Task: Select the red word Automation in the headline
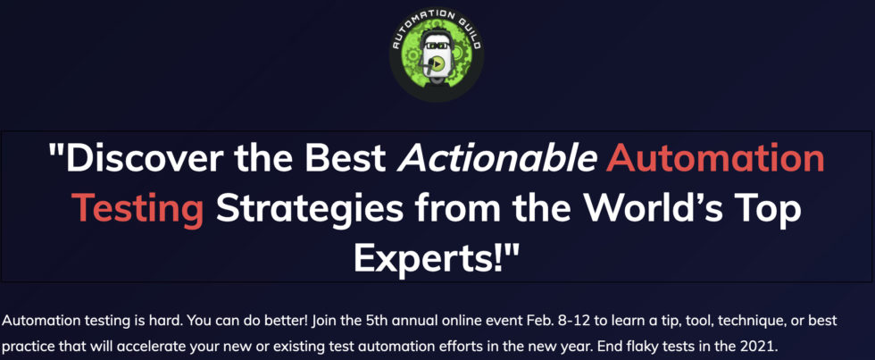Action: (716, 158)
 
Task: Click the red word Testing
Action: (138, 211)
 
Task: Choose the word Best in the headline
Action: (349, 158)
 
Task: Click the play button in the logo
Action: (438, 64)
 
